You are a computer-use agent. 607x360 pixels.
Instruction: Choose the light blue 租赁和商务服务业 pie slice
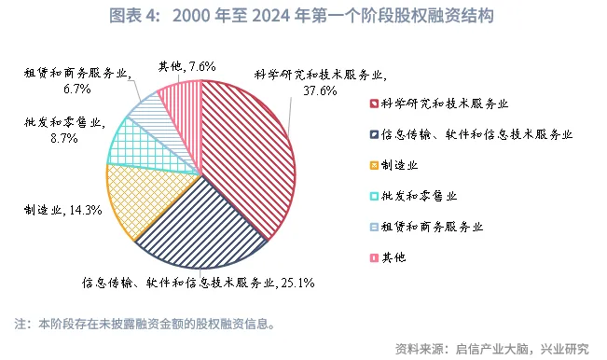click(x=150, y=110)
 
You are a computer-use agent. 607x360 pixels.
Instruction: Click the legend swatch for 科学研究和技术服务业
click(x=373, y=104)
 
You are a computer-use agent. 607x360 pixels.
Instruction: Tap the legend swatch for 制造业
click(x=373, y=164)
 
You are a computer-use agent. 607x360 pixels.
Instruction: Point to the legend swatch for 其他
click(x=373, y=256)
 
